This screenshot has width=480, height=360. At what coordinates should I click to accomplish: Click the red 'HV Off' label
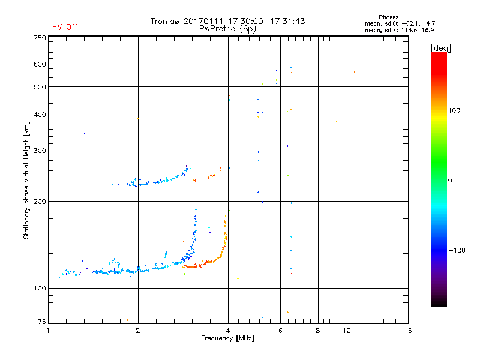click(x=65, y=27)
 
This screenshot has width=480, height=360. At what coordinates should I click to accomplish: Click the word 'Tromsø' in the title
click(x=166, y=21)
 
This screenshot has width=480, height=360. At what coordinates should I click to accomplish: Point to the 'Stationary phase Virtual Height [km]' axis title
click(x=26, y=180)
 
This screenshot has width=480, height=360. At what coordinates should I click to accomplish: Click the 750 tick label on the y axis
click(x=39, y=38)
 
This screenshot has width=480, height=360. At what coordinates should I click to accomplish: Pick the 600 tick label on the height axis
click(x=39, y=64)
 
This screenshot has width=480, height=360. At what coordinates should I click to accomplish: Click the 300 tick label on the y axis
click(x=39, y=151)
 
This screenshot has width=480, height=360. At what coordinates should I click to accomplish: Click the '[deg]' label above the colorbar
click(x=441, y=47)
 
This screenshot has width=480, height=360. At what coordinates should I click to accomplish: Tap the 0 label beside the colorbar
click(x=451, y=180)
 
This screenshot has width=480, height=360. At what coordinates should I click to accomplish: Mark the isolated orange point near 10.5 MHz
click(x=354, y=72)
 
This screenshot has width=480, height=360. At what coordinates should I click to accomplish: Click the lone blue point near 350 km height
click(x=84, y=133)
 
